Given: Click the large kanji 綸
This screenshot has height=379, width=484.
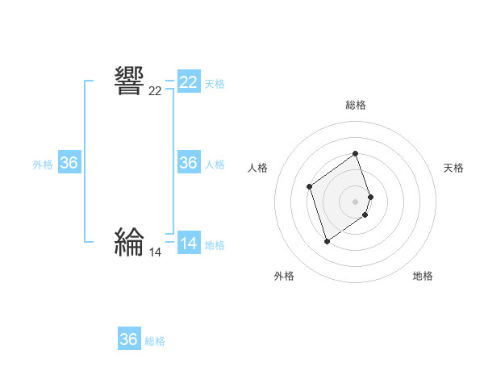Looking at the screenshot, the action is [x=129, y=241].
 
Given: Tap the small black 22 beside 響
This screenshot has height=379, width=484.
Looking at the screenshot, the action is [x=155, y=91].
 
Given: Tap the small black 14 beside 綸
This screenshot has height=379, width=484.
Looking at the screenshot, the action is [x=155, y=252].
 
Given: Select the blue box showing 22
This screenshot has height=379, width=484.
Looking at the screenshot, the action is [x=189, y=82].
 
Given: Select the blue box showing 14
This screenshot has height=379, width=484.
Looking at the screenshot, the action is [x=189, y=244].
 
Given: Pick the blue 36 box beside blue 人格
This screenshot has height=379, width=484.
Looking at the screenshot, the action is [x=189, y=163].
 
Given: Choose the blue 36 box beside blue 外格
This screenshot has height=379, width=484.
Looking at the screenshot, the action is [x=69, y=163].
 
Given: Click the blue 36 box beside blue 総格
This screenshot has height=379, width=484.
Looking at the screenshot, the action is [x=129, y=339].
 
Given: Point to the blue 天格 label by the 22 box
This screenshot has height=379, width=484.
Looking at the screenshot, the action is [x=215, y=83].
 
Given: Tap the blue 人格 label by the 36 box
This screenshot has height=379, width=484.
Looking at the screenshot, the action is [x=215, y=165].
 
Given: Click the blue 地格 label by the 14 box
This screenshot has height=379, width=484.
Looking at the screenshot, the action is [x=215, y=245].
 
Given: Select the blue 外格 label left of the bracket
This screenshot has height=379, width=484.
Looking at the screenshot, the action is [x=43, y=165].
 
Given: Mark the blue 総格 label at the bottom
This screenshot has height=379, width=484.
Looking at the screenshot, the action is [x=155, y=341].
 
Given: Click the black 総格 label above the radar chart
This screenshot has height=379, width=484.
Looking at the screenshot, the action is [x=356, y=105].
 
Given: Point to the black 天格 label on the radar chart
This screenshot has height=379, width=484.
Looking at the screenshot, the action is [x=454, y=168].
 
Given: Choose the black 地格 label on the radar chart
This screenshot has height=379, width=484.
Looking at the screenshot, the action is [x=423, y=276].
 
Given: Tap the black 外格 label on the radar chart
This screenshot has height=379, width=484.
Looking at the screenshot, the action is [x=284, y=276].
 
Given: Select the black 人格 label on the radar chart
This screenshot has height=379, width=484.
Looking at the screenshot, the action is [x=257, y=168].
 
